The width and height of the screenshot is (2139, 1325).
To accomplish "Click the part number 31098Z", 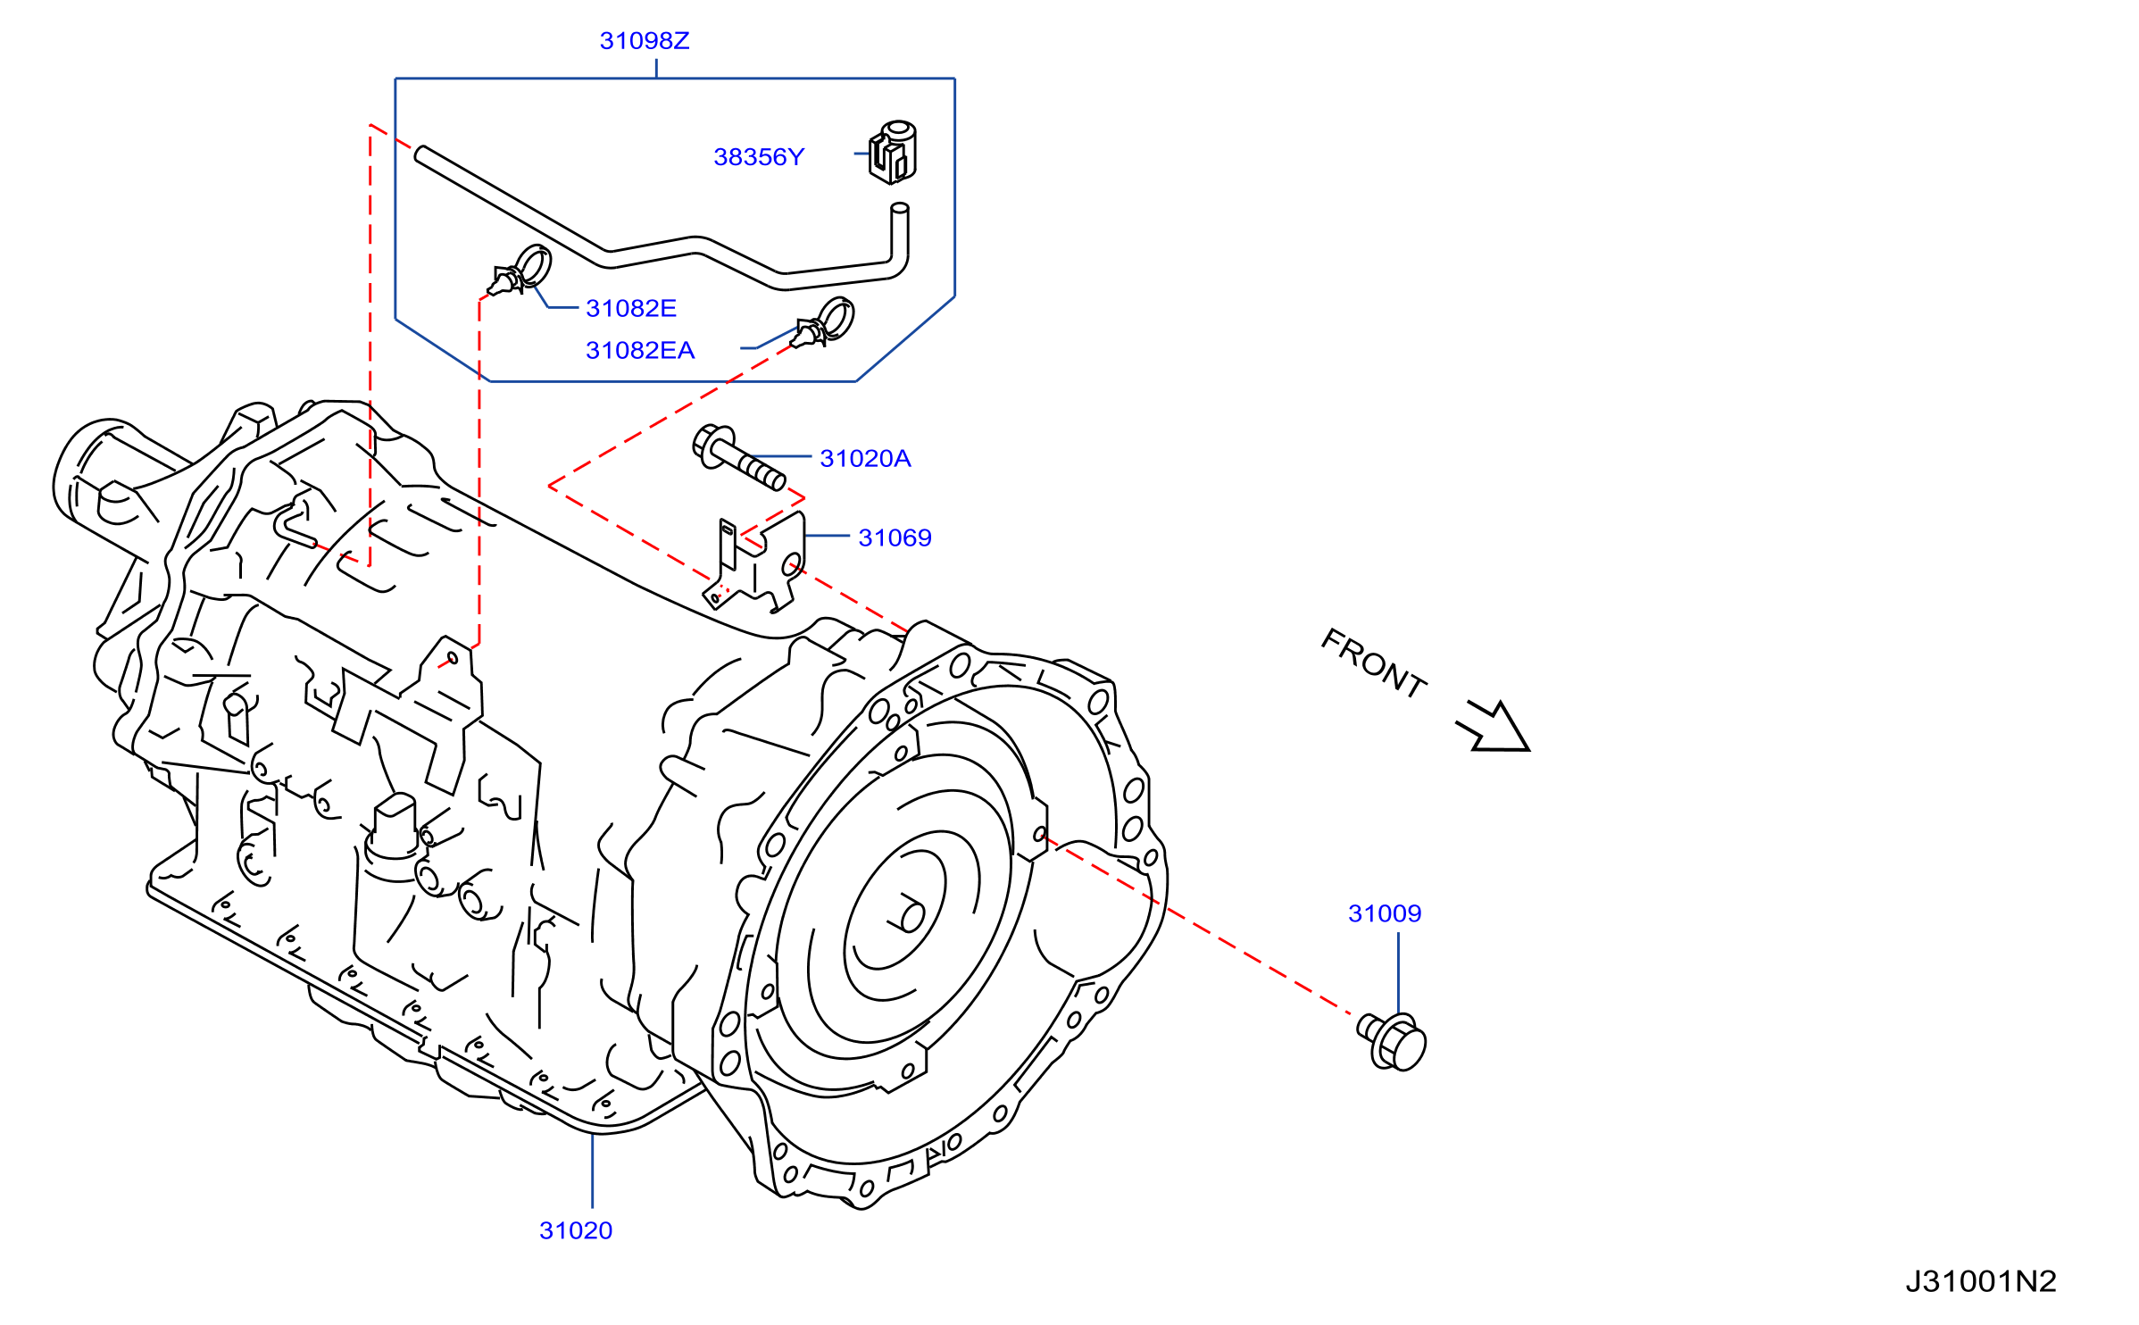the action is tap(645, 41).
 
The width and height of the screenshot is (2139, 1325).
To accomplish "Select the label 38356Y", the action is tap(759, 157).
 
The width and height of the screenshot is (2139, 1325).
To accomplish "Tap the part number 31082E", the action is tap(631, 309).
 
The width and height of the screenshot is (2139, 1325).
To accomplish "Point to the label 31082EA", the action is tap(640, 351).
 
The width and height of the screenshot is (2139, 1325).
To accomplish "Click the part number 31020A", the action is tap(865, 459).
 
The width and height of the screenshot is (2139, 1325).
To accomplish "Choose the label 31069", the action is tap(895, 538).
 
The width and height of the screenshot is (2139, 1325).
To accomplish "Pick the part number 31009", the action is tap(1385, 914).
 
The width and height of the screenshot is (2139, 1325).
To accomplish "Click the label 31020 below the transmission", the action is tap(576, 1231).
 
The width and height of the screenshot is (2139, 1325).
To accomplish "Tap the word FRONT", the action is tap(1374, 663).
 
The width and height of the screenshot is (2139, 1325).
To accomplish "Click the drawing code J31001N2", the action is tap(1981, 1282).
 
